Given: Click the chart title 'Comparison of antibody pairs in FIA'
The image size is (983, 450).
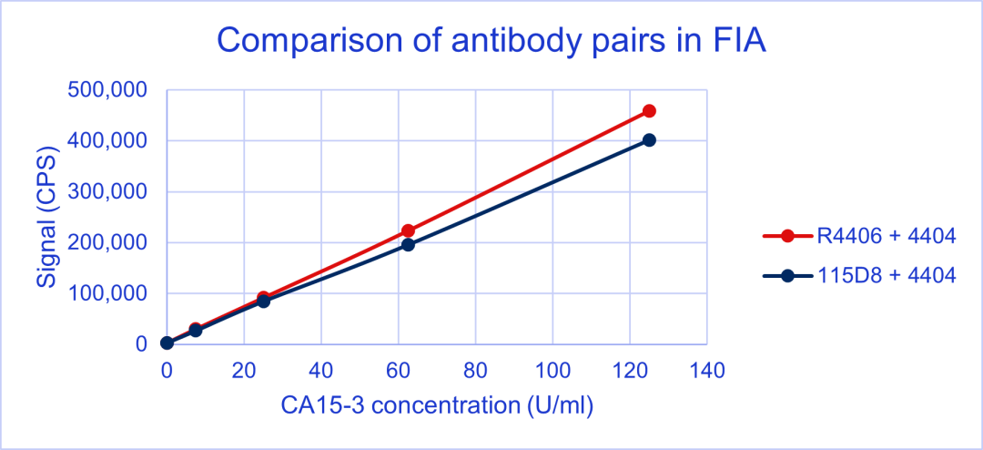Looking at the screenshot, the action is point(491,40).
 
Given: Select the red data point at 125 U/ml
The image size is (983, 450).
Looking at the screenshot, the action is point(650,111).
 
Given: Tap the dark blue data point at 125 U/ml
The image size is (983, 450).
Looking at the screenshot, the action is point(650,140).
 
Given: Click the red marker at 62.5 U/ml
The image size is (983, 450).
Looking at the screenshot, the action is point(408,231).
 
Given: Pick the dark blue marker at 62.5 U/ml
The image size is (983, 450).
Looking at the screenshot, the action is point(408,245).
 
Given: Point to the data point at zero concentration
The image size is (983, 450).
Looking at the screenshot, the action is point(167,343).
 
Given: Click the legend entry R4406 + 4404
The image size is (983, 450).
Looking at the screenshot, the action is point(859,236).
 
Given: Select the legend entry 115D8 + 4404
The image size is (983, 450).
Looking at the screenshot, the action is point(859,275).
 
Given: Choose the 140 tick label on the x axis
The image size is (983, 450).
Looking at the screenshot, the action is point(707,370).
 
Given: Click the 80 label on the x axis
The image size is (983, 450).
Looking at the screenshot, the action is point(476,370).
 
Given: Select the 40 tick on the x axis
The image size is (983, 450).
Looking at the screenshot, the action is point(321,370).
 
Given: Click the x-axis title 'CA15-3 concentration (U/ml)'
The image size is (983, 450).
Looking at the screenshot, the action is point(437,405).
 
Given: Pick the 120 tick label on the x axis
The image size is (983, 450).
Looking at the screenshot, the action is point(630,370).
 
